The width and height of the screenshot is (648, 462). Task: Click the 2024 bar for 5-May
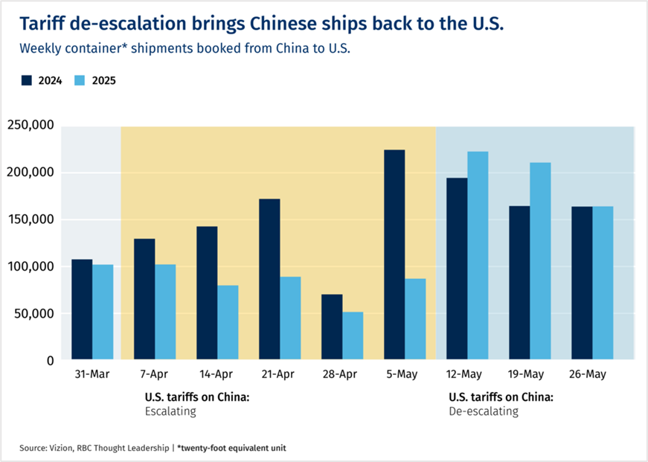click(394, 255)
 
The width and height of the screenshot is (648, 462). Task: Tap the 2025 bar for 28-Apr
click(353, 336)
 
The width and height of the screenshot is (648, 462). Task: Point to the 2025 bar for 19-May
click(540, 261)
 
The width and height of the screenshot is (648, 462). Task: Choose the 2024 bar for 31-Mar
click(82, 309)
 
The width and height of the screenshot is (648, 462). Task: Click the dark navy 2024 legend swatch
click(26, 80)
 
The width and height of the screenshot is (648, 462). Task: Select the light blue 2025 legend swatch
click(80, 80)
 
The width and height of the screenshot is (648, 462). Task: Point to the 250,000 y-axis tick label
click(31, 126)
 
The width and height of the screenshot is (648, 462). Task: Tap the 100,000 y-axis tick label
click(31, 266)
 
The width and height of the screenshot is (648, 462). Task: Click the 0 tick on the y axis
click(50, 361)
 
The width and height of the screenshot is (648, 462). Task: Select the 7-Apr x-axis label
click(155, 374)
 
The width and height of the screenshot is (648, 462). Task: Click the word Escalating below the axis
click(170, 411)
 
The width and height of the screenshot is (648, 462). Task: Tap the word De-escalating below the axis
click(484, 411)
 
